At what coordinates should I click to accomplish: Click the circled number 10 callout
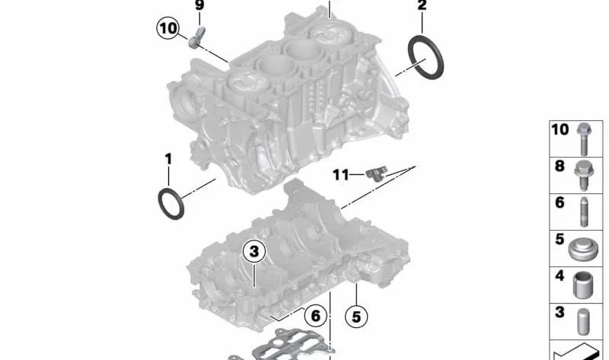click(168, 28)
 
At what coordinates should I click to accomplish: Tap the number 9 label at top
click(199, 5)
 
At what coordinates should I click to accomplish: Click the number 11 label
click(341, 175)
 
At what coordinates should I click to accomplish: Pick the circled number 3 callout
click(254, 251)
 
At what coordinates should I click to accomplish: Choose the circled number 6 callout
click(315, 316)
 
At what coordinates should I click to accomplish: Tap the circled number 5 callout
click(356, 317)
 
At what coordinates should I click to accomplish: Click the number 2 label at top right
click(422, 5)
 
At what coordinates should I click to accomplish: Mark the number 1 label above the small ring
click(168, 159)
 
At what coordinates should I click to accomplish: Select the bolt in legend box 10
click(583, 139)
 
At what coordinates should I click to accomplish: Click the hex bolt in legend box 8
click(583, 175)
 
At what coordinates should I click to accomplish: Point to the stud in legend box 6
click(584, 212)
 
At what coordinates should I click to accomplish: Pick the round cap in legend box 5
click(583, 250)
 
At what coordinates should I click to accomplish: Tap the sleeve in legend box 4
click(583, 285)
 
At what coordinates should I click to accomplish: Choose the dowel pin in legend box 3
click(583, 322)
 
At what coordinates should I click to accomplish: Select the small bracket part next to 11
click(377, 174)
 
